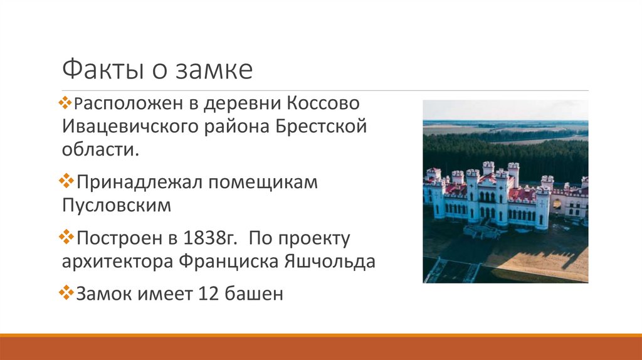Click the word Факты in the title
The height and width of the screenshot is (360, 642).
(x=100, y=70)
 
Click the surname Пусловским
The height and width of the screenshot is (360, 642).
(x=117, y=206)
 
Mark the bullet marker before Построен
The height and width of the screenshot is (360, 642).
(x=67, y=238)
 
